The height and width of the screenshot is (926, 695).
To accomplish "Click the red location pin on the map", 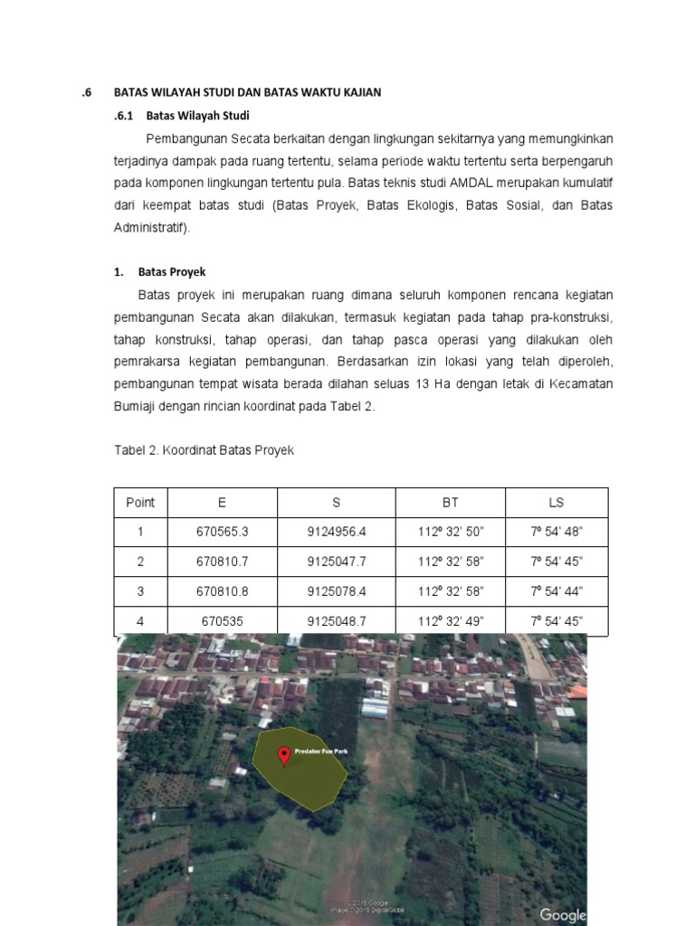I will coord(284,756).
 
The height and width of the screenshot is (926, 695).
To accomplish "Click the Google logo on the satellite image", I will coord(563,915).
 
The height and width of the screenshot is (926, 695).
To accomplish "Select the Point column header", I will coord(140,503).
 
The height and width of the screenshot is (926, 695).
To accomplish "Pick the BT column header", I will coord(451,503).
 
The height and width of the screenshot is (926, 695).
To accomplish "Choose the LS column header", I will coord(556,503).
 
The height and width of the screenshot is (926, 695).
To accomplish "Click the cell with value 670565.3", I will coord(222,533).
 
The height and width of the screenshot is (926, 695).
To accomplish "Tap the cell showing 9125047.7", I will coord(336,562).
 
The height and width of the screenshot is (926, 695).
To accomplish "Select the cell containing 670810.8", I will coord(222,591).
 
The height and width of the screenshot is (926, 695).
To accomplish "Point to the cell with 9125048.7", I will coord(336,621).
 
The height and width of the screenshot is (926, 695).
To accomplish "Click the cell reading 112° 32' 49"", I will coord(451,621).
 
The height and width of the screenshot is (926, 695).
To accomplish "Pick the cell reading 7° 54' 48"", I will coord(556,533).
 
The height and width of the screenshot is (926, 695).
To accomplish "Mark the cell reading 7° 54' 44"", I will coord(556,591).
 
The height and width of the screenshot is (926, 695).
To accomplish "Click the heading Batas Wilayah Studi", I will coord(197,116).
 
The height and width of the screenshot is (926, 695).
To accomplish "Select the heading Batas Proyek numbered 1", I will coord(172,271).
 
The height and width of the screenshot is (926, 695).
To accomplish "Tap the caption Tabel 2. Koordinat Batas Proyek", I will coord(204,450).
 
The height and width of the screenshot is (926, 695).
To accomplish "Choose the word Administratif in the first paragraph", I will coord(151,228).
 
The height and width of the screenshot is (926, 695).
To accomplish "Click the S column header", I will coord(336,503).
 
